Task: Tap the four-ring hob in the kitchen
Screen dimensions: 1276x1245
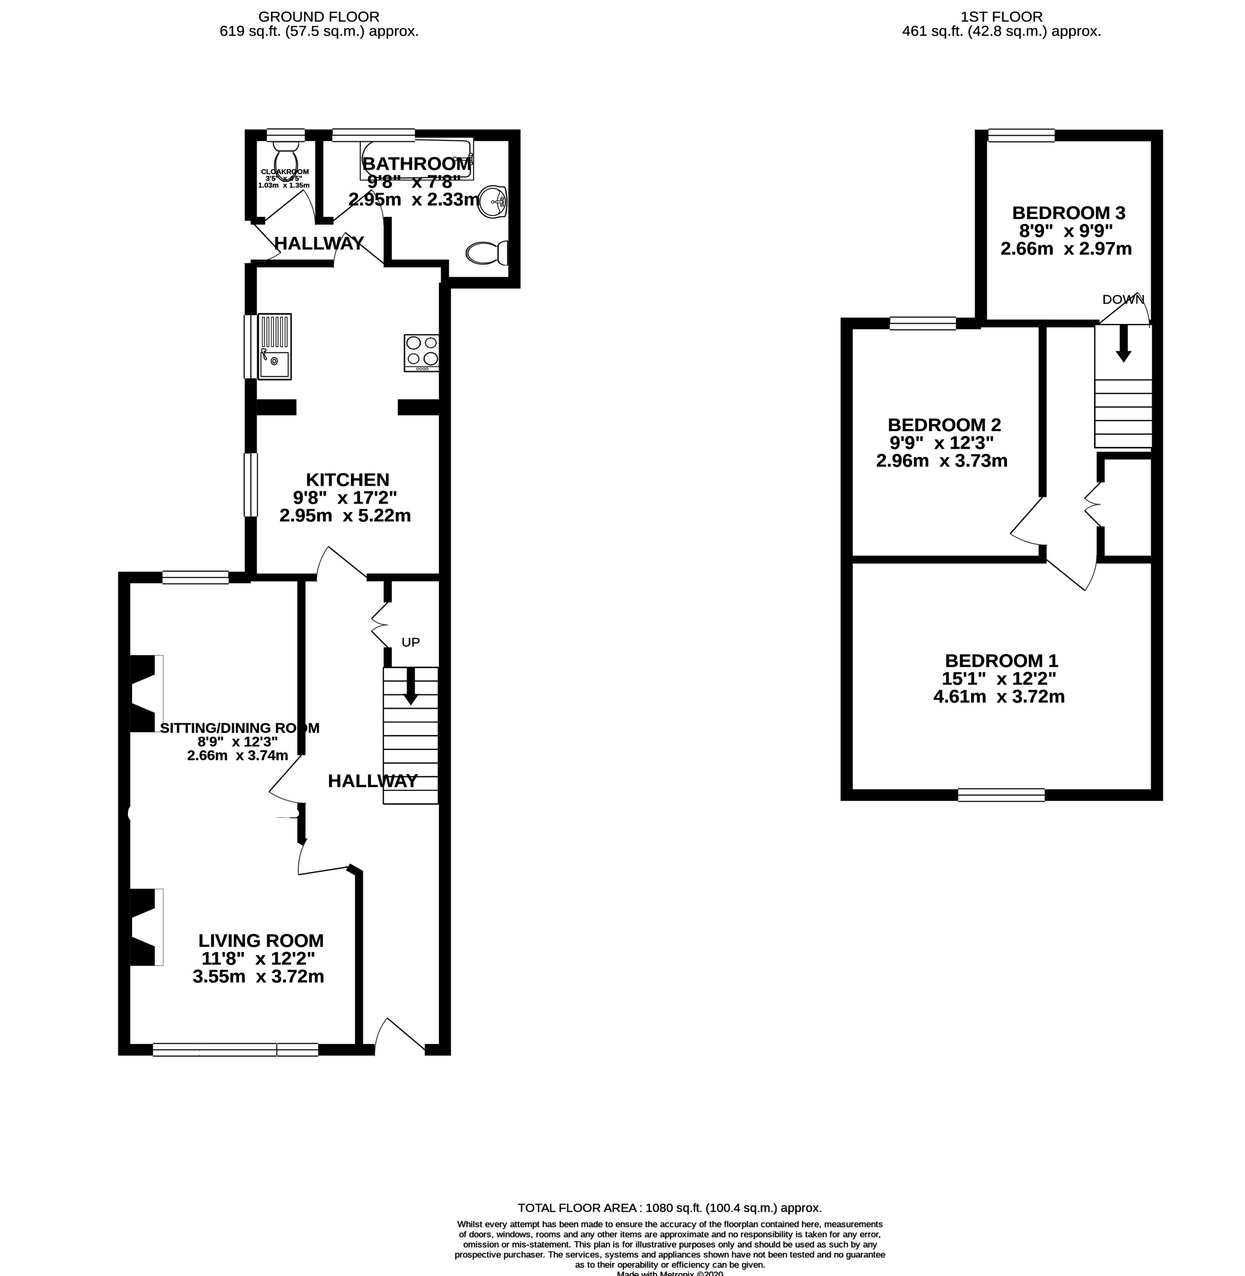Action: [x=422, y=352]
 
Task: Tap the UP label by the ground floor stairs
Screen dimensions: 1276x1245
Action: [x=410, y=642]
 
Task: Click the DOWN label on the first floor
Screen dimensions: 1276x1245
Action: [x=1123, y=300]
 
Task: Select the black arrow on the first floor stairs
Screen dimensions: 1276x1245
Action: [x=1123, y=343]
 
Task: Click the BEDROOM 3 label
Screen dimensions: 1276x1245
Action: [x=1068, y=213]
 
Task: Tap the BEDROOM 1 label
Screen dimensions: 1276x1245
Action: [x=1001, y=660]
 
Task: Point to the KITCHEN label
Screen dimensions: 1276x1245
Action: [x=347, y=479]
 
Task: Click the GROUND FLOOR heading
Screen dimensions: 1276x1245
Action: [x=318, y=16]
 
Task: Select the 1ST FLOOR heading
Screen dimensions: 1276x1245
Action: [x=1001, y=16]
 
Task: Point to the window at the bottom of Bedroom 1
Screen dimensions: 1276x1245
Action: [x=1001, y=795]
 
